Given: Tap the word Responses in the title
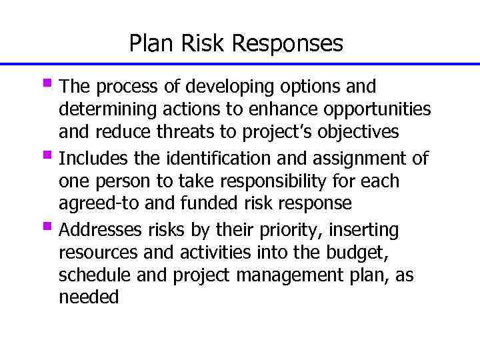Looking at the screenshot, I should pos(289,44).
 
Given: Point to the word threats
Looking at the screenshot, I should pos(179,132).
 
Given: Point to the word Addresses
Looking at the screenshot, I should pos(99,231).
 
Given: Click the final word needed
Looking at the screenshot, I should pos(89,297).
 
